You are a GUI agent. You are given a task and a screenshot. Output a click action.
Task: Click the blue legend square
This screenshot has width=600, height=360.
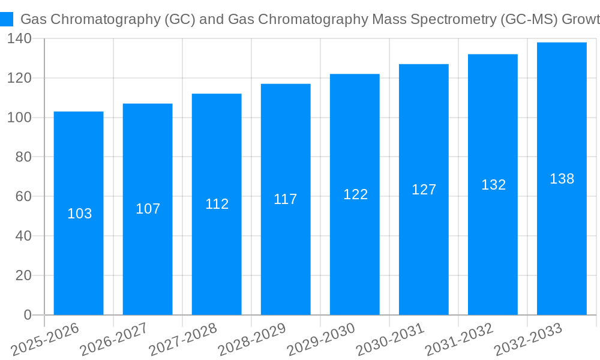(7, 19)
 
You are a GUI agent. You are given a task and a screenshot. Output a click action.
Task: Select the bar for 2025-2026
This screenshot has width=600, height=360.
(79, 213)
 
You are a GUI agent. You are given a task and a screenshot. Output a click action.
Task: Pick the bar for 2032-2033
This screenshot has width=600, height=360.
(562, 178)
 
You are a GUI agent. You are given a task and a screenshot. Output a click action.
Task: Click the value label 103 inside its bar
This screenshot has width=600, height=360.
(80, 214)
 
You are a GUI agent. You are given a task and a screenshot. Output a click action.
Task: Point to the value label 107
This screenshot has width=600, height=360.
(148, 209)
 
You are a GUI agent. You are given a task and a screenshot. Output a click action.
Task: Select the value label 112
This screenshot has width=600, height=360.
(217, 204)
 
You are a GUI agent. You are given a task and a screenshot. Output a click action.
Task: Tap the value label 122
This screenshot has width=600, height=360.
(355, 194)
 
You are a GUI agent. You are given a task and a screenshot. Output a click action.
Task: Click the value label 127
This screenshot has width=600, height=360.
(424, 190)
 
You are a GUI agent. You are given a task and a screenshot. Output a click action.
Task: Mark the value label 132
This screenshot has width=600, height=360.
(493, 185)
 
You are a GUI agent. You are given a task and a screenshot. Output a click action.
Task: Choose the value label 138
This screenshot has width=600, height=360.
(562, 179)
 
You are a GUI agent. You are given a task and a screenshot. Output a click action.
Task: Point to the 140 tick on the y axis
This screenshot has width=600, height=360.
(20, 39)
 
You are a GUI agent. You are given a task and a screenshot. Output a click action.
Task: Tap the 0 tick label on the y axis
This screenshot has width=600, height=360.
(28, 315)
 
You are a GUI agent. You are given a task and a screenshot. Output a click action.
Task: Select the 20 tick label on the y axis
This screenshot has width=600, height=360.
(23, 275)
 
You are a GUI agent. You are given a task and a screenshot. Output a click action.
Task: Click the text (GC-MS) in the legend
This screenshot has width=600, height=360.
(529, 19)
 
